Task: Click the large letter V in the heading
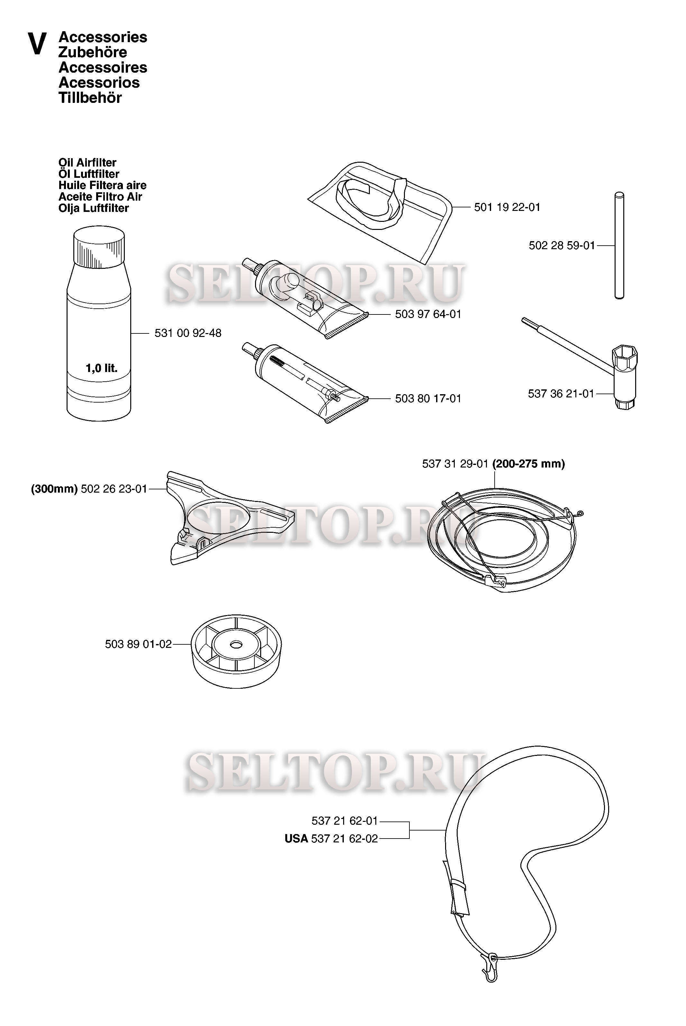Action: (x=37, y=44)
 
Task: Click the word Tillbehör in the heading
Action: (x=90, y=98)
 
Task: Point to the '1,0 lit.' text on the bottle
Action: (x=102, y=368)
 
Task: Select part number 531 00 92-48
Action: (x=188, y=333)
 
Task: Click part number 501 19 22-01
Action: (x=507, y=207)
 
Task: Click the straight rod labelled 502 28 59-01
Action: (x=619, y=246)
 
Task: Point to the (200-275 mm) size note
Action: (x=528, y=464)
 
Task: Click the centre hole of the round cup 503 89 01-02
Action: (x=236, y=644)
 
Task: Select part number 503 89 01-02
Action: (x=138, y=644)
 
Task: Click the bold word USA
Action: (x=296, y=839)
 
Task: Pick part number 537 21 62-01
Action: (x=344, y=821)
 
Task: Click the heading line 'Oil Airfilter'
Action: (x=87, y=163)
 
